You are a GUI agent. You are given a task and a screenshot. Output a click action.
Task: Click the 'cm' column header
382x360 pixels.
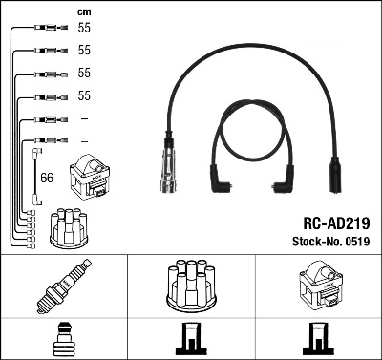tap(83, 11)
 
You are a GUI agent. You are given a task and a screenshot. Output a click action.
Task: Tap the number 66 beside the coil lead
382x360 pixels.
tap(47, 178)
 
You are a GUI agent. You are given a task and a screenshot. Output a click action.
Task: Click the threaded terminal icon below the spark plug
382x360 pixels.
tap(63, 339)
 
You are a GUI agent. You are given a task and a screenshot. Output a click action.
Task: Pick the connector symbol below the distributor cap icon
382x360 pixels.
tap(190, 339)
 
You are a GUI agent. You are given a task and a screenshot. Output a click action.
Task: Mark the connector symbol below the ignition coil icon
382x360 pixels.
tap(317, 339)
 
